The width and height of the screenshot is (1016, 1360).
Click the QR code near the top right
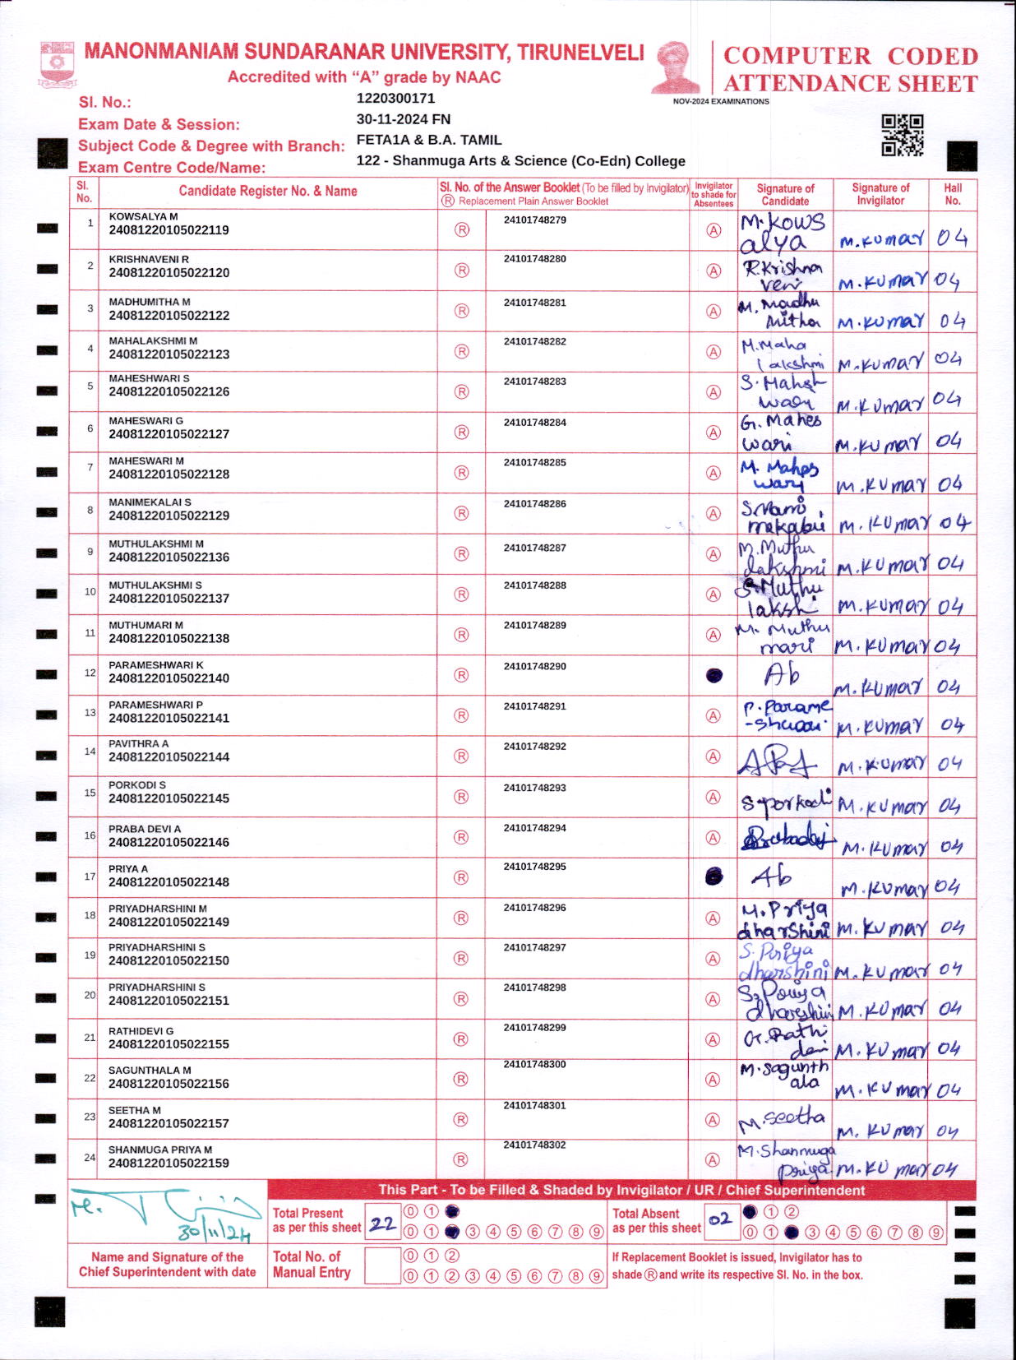(902, 135)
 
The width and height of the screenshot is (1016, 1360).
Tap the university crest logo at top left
(58, 64)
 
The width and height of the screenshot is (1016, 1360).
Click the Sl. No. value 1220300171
(395, 99)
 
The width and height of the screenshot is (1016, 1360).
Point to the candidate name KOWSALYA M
(143, 216)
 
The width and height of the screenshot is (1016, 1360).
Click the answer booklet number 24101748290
(535, 666)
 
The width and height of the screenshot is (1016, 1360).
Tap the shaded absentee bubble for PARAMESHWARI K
(714, 676)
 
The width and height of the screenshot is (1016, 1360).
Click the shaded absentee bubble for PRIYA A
(714, 877)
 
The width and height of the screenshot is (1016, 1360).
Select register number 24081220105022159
(169, 1163)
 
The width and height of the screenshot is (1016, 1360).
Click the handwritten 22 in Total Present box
(382, 1224)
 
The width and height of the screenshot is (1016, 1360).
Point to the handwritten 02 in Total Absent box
(720, 1219)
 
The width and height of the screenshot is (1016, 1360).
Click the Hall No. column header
(953, 194)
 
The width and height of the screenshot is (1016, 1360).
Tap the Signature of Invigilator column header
(880, 194)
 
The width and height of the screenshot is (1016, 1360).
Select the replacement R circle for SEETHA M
(461, 1120)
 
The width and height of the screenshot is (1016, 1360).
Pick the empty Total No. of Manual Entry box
(382, 1265)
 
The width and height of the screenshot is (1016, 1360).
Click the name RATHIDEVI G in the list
(141, 1031)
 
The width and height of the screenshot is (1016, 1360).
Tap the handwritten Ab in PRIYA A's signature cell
(771, 877)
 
